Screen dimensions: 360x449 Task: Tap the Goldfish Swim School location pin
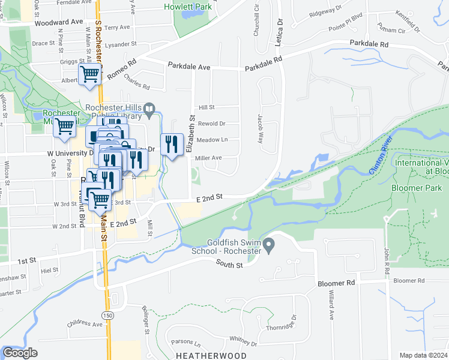(270, 244)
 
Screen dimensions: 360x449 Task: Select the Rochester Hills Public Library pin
(149, 109)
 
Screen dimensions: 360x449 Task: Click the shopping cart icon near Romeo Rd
(90, 74)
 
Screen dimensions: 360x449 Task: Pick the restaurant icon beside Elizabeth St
(172, 144)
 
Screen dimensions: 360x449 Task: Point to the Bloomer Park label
(412, 188)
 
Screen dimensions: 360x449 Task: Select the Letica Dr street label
(279, 30)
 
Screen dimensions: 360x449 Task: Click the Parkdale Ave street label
(188, 66)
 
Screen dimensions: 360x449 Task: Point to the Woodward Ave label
(58, 22)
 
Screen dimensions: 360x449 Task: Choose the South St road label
(230, 265)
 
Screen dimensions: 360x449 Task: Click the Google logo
(20, 353)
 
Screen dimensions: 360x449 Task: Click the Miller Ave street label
(208, 158)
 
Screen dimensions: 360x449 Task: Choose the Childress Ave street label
(85, 324)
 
